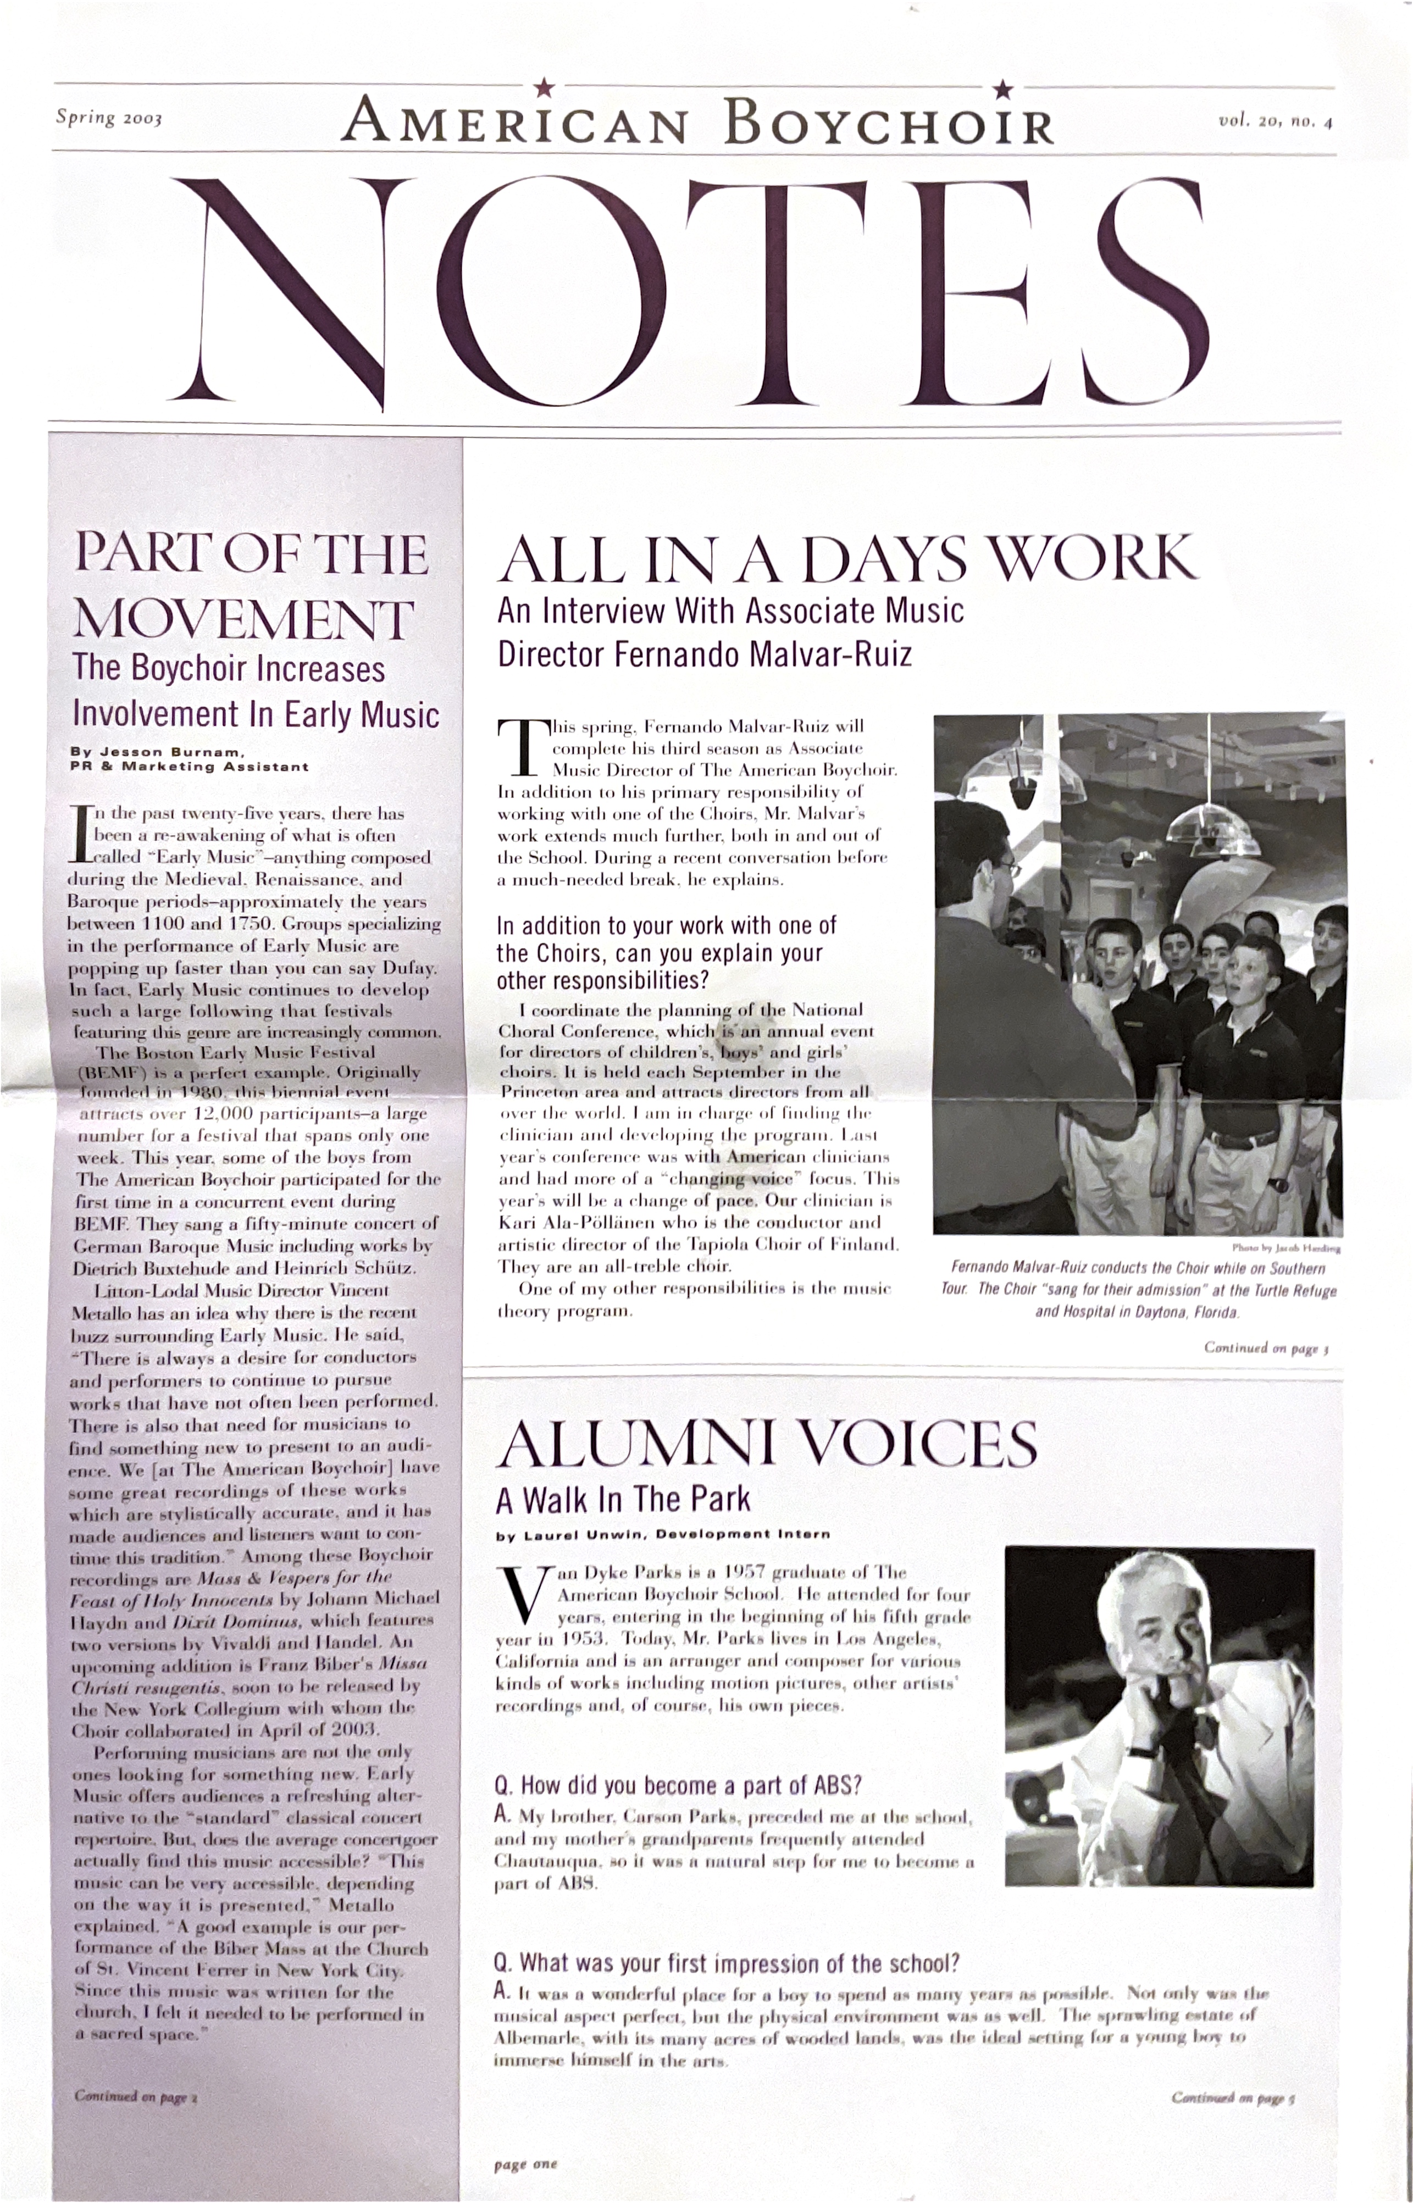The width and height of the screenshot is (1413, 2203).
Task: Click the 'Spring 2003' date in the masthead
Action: coord(108,118)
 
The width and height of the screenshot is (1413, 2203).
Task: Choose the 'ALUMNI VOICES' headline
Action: coord(766,1442)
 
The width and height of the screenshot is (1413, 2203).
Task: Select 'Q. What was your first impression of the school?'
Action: coord(727,1963)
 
